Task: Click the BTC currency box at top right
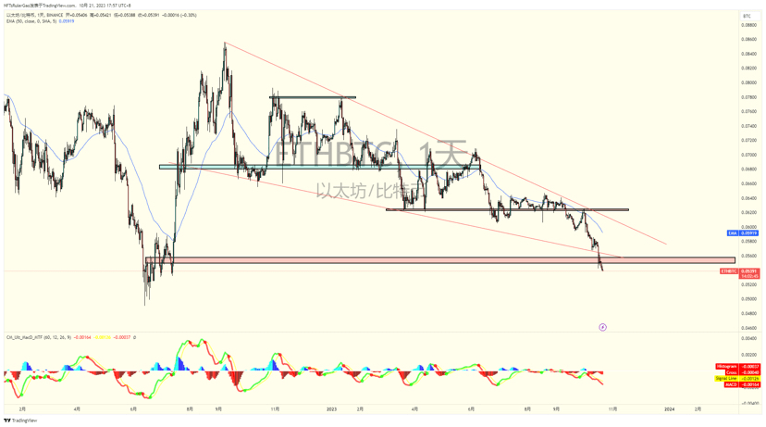747,16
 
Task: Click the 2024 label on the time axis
669,408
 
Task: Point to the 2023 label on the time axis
330,408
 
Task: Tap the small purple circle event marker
602,327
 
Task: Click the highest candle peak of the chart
225,43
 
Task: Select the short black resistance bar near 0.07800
312,97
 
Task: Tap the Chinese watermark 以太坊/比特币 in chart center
365,191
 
